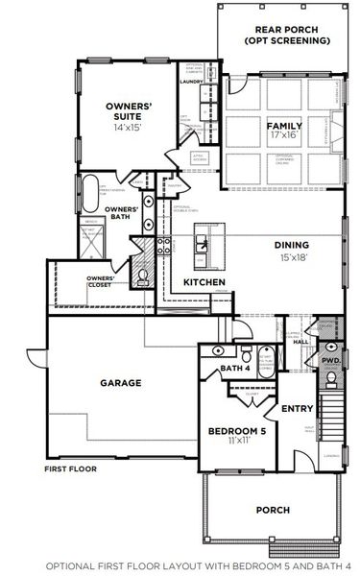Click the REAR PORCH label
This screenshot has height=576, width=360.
(280, 29)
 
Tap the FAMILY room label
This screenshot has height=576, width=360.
(284, 126)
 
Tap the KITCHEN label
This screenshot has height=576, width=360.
(204, 282)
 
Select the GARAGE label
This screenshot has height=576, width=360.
(121, 382)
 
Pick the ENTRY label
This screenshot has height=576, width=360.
(298, 409)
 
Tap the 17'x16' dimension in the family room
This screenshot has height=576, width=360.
(284, 136)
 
